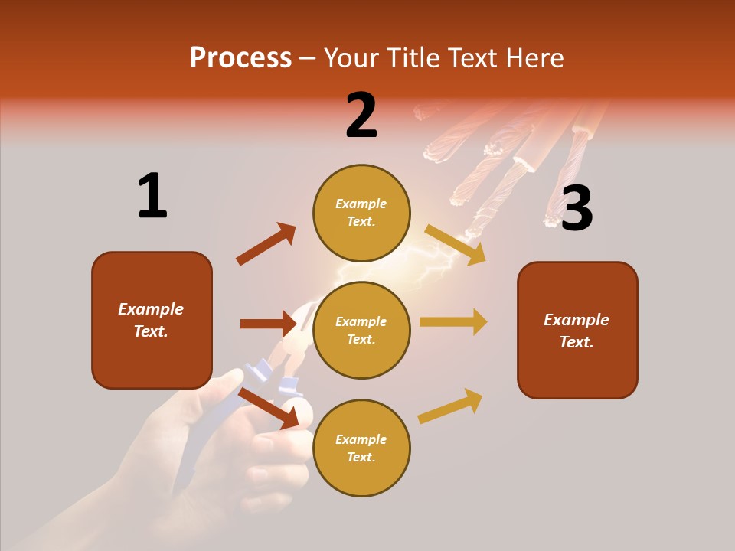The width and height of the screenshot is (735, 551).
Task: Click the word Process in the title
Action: (240, 57)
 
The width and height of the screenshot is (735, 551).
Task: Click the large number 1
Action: (152, 196)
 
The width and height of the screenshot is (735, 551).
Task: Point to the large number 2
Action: (361, 116)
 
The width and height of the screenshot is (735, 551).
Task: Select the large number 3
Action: (577, 208)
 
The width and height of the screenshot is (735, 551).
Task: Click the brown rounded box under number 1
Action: (152, 320)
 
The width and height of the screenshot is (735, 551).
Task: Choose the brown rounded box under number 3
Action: (577, 330)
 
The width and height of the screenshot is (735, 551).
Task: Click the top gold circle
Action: (361, 213)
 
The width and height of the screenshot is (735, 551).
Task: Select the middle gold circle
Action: (361, 330)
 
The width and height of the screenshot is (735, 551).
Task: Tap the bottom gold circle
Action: (361, 448)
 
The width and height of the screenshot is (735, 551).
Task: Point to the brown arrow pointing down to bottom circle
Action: (268, 407)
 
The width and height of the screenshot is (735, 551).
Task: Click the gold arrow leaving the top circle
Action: (456, 245)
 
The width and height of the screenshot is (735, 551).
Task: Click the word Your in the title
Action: (349, 57)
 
